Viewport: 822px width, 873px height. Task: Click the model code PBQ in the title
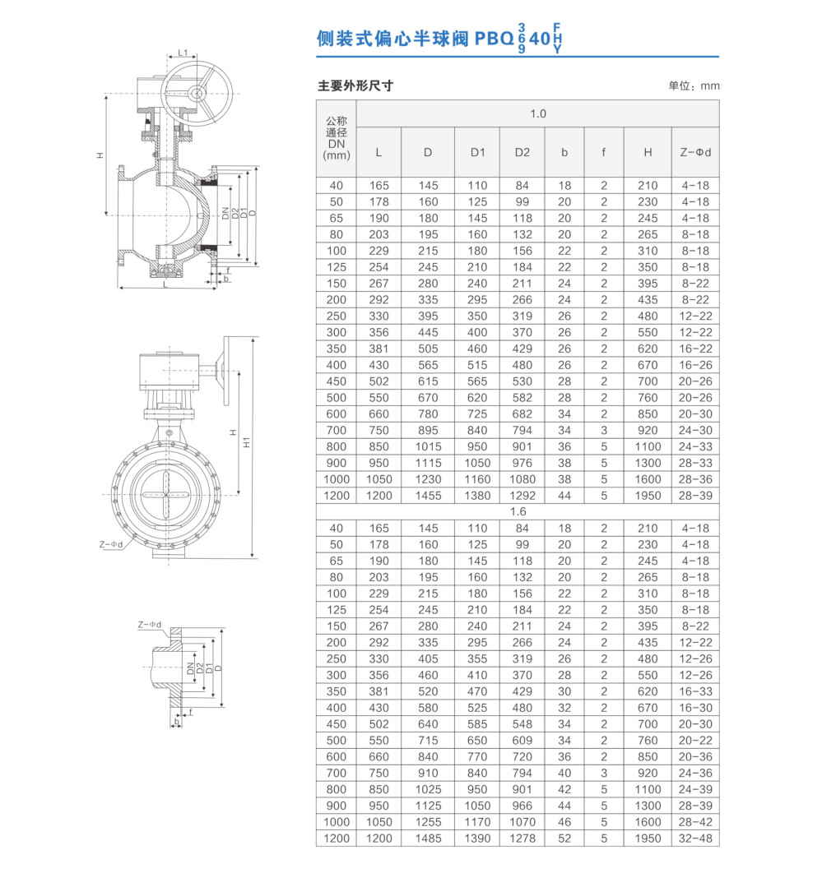click(x=493, y=38)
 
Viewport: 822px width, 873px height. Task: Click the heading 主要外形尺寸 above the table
click(x=355, y=85)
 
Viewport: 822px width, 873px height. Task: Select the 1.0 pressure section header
click(x=537, y=113)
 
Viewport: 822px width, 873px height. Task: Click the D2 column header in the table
click(x=522, y=152)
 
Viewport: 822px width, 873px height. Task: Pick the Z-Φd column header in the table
click(x=695, y=152)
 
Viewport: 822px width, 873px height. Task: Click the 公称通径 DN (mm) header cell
click(x=337, y=138)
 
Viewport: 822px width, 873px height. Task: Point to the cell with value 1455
click(x=428, y=496)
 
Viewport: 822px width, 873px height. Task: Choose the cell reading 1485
click(x=428, y=838)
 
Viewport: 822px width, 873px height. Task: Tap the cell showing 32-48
click(x=695, y=838)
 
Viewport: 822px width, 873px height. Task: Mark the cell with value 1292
click(x=522, y=496)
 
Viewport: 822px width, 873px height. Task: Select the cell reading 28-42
click(x=695, y=822)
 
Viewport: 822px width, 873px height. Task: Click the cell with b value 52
click(x=564, y=838)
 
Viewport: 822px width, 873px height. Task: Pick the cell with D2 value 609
click(x=522, y=741)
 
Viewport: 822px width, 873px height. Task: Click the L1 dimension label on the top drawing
click(x=183, y=53)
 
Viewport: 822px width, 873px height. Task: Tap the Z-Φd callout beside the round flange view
click(x=111, y=543)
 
